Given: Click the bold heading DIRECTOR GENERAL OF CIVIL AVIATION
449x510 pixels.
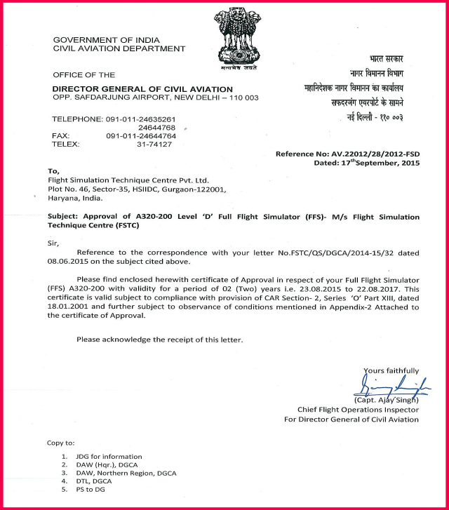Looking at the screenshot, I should (x=142, y=89).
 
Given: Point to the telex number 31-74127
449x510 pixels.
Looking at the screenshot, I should (x=154, y=144).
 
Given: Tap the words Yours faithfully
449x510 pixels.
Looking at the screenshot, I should (x=391, y=370).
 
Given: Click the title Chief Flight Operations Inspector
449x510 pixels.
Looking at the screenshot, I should (x=358, y=410).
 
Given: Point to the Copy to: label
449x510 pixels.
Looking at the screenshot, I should (x=60, y=443).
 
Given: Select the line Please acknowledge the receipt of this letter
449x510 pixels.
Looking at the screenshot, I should (x=160, y=340).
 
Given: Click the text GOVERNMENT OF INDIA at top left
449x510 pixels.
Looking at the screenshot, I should (x=99, y=41).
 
